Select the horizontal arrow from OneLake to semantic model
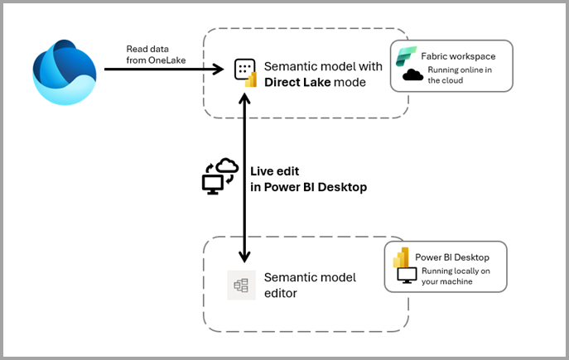coord(162,70)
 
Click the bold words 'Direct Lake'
coord(298,82)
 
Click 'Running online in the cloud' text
coord(460,75)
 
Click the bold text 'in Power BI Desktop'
coord(308,187)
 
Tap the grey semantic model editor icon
coord(241,285)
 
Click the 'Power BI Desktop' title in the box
coord(453,257)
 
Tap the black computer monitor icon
coord(407,277)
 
